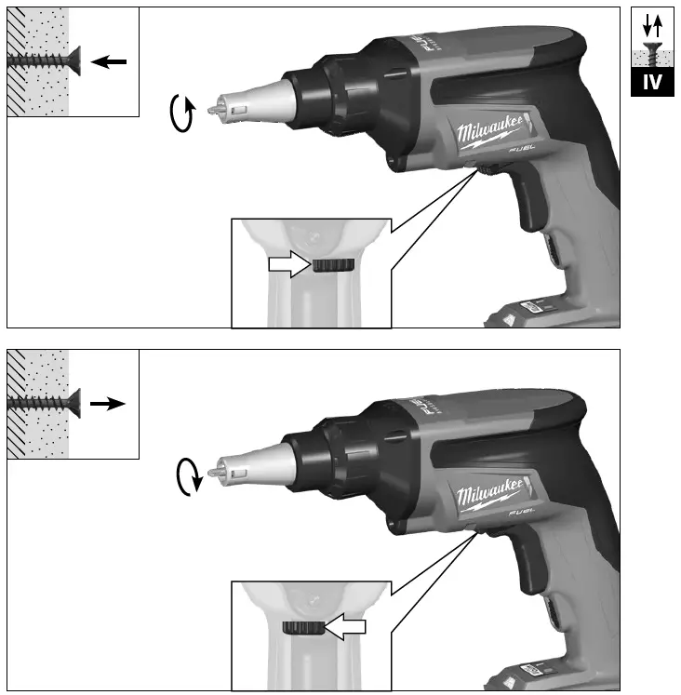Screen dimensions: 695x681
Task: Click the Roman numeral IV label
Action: (653, 82)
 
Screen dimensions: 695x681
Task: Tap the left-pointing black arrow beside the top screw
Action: (110, 61)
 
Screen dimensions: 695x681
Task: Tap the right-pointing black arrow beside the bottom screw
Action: (108, 405)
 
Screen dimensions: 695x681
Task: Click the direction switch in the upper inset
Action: (332, 266)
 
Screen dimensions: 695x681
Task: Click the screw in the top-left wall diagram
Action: (43, 60)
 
